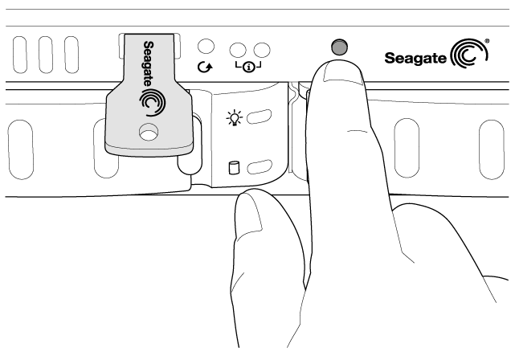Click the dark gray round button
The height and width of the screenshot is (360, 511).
[x=339, y=47]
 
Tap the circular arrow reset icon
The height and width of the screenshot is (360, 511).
[x=206, y=67]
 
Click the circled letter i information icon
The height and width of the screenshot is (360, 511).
[x=249, y=67]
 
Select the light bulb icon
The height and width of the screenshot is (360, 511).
[x=235, y=118]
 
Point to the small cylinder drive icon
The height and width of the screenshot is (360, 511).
[x=233, y=167]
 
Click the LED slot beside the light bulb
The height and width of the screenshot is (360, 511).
[x=259, y=117]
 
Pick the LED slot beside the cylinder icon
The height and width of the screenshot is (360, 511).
[x=259, y=167]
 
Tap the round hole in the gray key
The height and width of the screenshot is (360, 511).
[x=149, y=132]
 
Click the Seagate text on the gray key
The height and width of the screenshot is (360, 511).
[x=149, y=63]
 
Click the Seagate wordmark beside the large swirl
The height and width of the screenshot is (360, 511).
[x=415, y=59]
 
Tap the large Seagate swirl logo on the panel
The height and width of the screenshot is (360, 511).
[x=468, y=54]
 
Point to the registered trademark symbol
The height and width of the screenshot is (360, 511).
[x=487, y=41]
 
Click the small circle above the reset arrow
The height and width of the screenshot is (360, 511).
[x=206, y=47]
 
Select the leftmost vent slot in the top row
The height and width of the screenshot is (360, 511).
[x=20, y=55]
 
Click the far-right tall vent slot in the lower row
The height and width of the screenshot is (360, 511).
[x=492, y=149]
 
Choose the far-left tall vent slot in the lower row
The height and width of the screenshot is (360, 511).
[x=21, y=149]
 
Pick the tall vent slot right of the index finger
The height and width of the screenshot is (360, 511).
[x=407, y=148]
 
